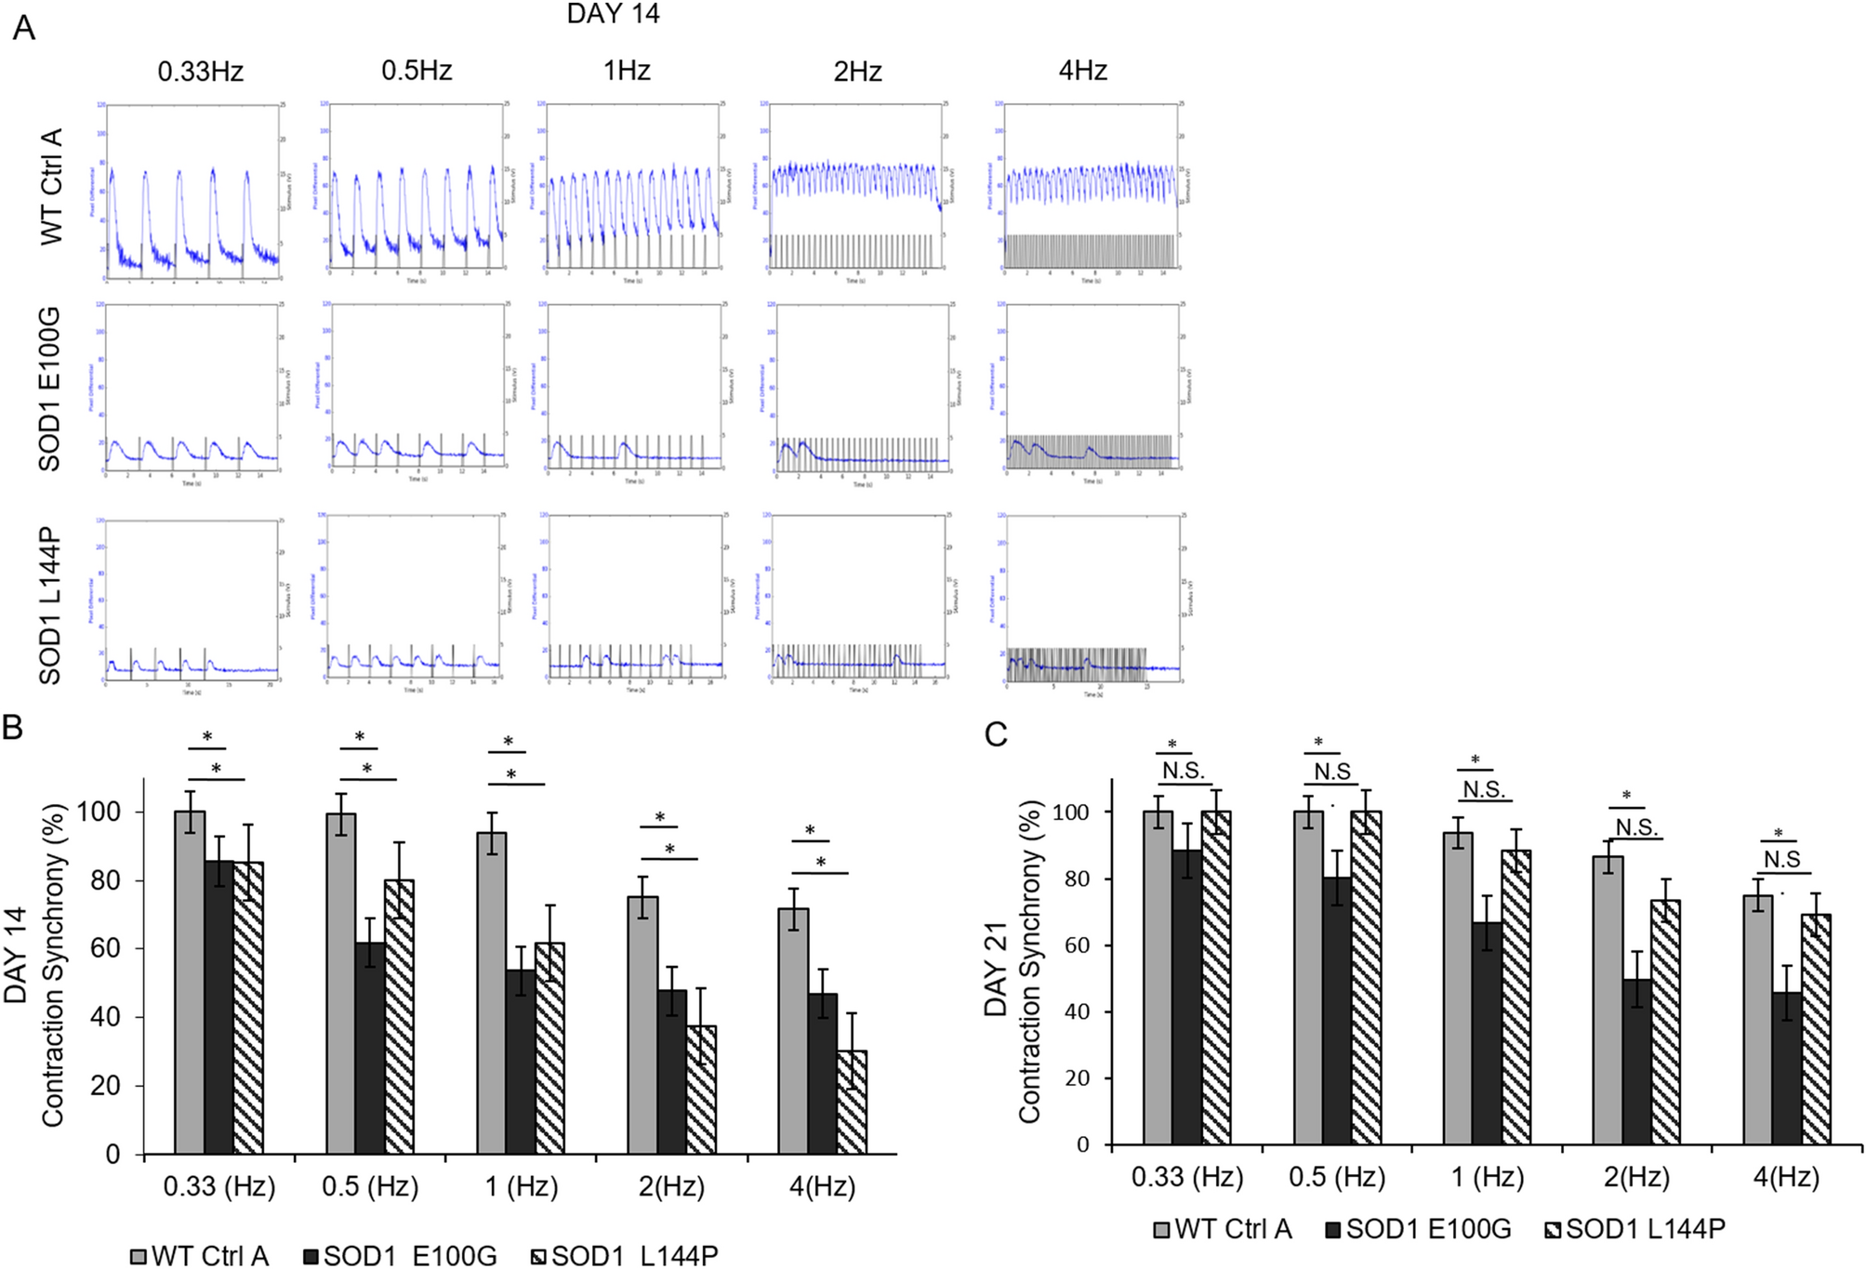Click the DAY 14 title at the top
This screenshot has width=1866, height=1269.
[613, 14]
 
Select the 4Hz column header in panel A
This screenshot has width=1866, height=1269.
[1082, 71]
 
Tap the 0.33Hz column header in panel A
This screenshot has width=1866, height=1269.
[200, 71]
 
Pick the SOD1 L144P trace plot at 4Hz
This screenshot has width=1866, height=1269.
[1092, 600]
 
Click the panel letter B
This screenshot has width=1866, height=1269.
[13, 727]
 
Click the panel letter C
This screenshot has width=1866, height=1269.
[996, 734]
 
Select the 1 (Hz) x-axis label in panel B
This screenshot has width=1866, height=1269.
[521, 1186]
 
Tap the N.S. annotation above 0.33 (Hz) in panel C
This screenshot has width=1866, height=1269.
[1183, 771]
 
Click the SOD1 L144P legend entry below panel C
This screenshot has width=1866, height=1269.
[1634, 1229]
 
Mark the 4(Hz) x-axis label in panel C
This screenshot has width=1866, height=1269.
[1786, 1177]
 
